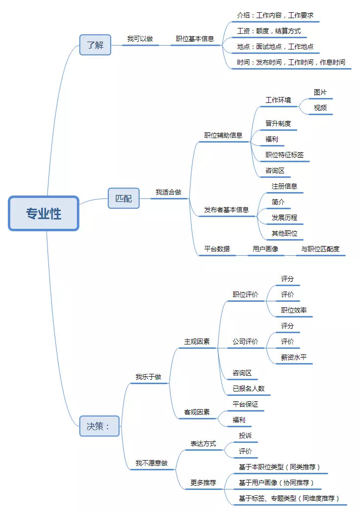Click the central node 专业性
click(x=44, y=214)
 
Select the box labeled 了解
click(x=96, y=45)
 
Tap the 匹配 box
click(x=123, y=198)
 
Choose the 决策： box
click(x=98, y=426)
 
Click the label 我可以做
click(x=140, y=39)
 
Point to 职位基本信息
click(x=195, y=39)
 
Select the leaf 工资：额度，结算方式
click(x=269, y=31)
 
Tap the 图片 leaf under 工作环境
click(x=320, y=92)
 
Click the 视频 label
click(x=320, y=108)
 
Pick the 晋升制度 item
click(x=278, y=123)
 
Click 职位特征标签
click(x=285, y=155)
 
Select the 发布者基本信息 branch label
click(x=226, y=210)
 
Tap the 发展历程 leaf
click(x=285, y=218)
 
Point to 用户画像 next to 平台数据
click(x=265, y=249)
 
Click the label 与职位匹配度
click(x=320, y=249)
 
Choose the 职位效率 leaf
click(x=294, y=310)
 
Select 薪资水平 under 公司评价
click(x=294, y=357)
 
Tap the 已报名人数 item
click(x=249, y=389)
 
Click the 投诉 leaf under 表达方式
click(x=245, y=436)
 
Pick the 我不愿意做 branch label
click(x=151, y=463)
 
